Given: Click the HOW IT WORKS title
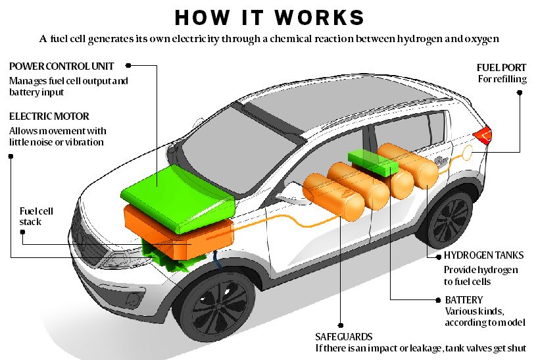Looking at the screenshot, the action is (x=270, y=18).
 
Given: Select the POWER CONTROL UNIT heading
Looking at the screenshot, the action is (x=61, y=66).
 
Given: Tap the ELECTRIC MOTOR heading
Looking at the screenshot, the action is (x=49, y=116).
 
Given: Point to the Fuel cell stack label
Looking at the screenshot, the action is (x=36, y=217).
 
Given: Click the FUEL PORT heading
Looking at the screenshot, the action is (x=501, y=67).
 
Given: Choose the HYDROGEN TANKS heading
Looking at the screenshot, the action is (x=484, y=255).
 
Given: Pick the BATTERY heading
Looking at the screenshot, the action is (x=464, y=300).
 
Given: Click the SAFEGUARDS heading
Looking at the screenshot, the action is (x=344, y=337).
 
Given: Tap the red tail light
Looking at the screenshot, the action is (x=483, y=136).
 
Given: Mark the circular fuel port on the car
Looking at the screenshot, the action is (x=468, y=153).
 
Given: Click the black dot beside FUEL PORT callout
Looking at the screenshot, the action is (x=520, y=93).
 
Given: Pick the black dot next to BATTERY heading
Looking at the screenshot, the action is (x=438, y=300).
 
